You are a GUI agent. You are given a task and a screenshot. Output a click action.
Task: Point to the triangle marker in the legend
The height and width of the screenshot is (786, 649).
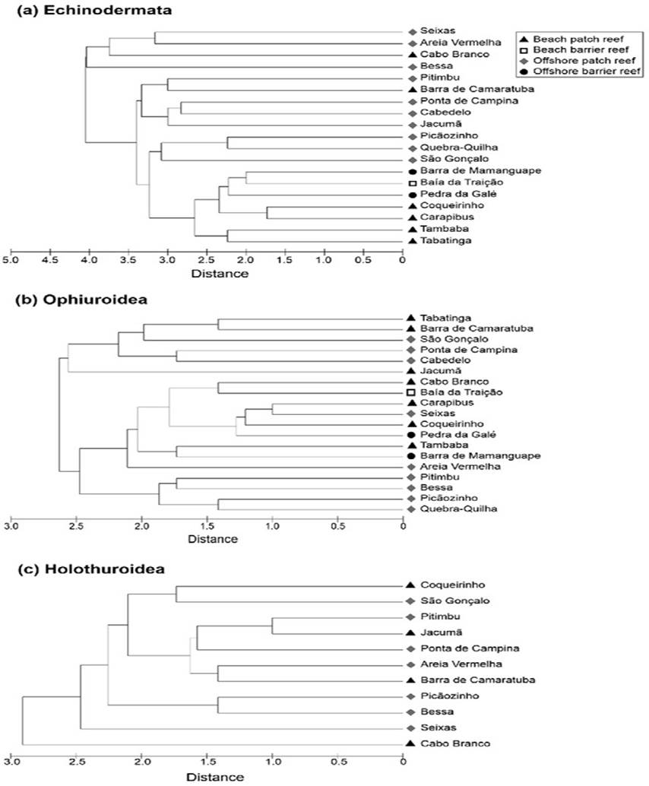tap(524, 38)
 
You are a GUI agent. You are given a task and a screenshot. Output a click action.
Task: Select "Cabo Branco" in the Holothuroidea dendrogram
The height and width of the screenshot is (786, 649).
tap(447, 743)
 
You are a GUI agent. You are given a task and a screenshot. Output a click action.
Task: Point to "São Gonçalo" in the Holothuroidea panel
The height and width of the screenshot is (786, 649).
tap(448, 601)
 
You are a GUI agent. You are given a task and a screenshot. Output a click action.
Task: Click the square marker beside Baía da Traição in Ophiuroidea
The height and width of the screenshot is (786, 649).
tap(410, 392)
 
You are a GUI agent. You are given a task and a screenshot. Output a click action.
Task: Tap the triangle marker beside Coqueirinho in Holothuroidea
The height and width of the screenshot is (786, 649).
tap(410, 585)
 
